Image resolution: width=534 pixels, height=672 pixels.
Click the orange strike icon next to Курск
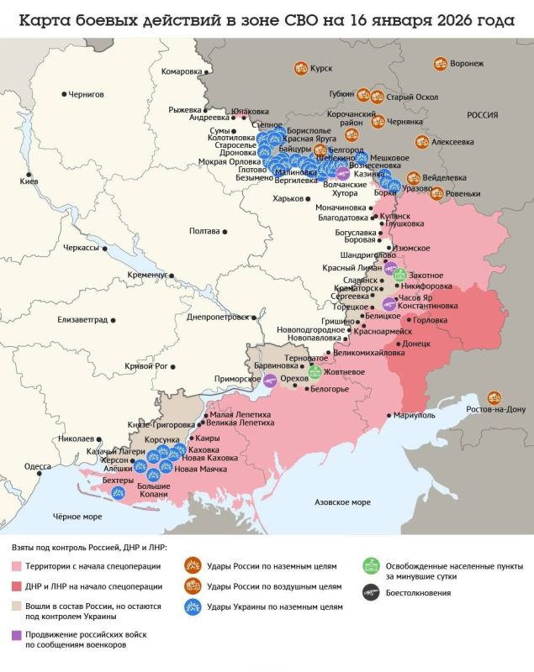coord(299,68)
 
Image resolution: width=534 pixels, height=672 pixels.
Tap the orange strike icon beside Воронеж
coord(440,63)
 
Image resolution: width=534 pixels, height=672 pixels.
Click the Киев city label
coord(29,181)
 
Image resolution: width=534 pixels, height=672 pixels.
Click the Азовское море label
coord(341,501)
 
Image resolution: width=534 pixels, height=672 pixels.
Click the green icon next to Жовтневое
coord(315,371)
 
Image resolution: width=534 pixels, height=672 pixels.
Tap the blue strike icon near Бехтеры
coord(119,493)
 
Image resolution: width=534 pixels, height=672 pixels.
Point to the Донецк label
coord(416,344)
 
